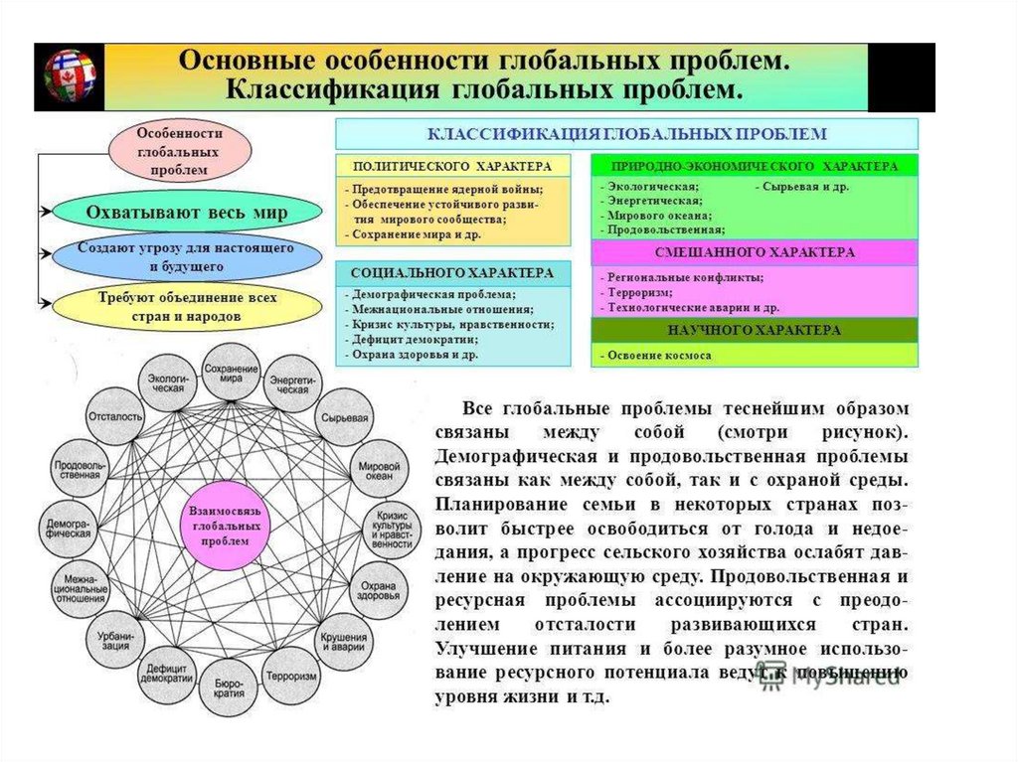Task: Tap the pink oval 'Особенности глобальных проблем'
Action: pyautogui.click(x=179, y=150)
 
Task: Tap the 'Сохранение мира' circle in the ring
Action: pyautogui.click(x=231, y=374)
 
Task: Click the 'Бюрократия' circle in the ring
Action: pyautogui.click(x=229, y=686)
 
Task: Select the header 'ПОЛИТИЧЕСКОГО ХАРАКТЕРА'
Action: pyautogui.click(x=453, y=166)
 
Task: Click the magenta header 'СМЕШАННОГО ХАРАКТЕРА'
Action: pyautogui.click(x=755, y=252)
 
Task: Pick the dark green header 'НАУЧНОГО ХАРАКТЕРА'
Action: pyautogui.click(x=755, y=330)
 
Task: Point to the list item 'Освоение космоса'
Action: pyautogui.click(x=657, y=355)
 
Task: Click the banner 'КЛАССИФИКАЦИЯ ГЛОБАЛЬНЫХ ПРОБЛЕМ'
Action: pyautogui.click(x=626, y=133)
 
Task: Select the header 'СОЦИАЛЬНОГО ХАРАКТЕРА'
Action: pyautogui.click(x=453, y=272)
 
